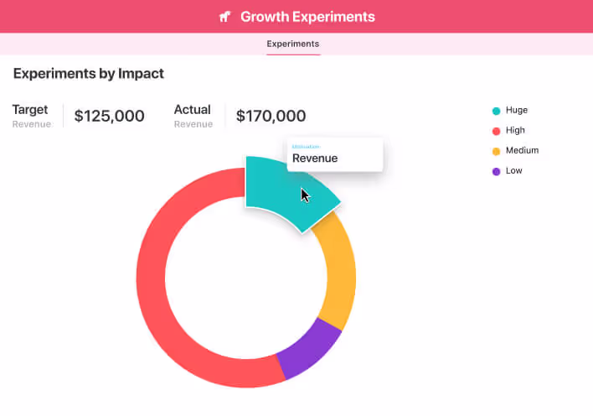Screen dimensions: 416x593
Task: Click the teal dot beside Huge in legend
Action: pyautogui.click(x=496, y=111)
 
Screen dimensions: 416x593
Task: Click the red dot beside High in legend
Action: pyautogui.click(x=496, y=131)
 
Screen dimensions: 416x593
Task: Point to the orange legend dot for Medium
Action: pyautogui.click(x=496, y=151)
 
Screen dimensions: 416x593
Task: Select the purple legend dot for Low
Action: pyautogui.click(x=496, y=171)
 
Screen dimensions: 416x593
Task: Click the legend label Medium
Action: pyautogui.click(x=522, y=151)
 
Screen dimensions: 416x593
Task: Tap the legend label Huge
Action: pyautogui.click(x=517, y=111)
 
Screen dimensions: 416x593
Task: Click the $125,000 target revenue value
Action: pyautogui.click(x=109, y=117)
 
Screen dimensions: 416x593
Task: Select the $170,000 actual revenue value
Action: pyautogui.click(x=271, y=117)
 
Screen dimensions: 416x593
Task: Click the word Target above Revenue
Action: pyautogui.click(x=30, y=110)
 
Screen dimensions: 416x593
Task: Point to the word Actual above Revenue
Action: pyautogui.click(x=192, y=110)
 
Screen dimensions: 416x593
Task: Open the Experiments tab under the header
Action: pyautogui.click(x=292, y=44)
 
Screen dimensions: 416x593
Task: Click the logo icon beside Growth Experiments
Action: pyautogui.click(x=224, y=17)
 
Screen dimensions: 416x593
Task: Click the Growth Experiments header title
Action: pyautogui.click(x=307, y=17)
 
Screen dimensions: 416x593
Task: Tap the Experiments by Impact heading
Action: pyautogui.click(x=89, y=74)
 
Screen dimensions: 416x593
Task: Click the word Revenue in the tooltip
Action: pyautogui.click(x=315, y=158)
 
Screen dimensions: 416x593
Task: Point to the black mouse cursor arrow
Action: pyautogui.click(x=305, y=195)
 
